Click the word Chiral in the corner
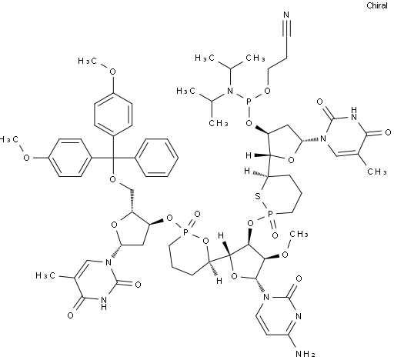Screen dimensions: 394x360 377,5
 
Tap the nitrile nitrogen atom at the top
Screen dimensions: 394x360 286,15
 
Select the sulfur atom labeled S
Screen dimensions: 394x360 258,196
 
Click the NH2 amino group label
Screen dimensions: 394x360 305,354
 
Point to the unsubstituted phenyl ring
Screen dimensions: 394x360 156,158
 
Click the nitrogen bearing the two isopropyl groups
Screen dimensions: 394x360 230,91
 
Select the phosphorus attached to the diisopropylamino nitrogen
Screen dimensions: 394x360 248,102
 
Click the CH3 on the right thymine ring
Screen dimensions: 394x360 377,172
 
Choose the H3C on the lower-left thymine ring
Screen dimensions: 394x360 45,275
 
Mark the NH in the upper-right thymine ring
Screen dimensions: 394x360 354,114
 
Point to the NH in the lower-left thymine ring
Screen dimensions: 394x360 104,303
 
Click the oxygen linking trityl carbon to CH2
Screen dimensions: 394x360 113,179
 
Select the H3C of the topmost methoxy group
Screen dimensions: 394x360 88,61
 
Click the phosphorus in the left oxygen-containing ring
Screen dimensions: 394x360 186,232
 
